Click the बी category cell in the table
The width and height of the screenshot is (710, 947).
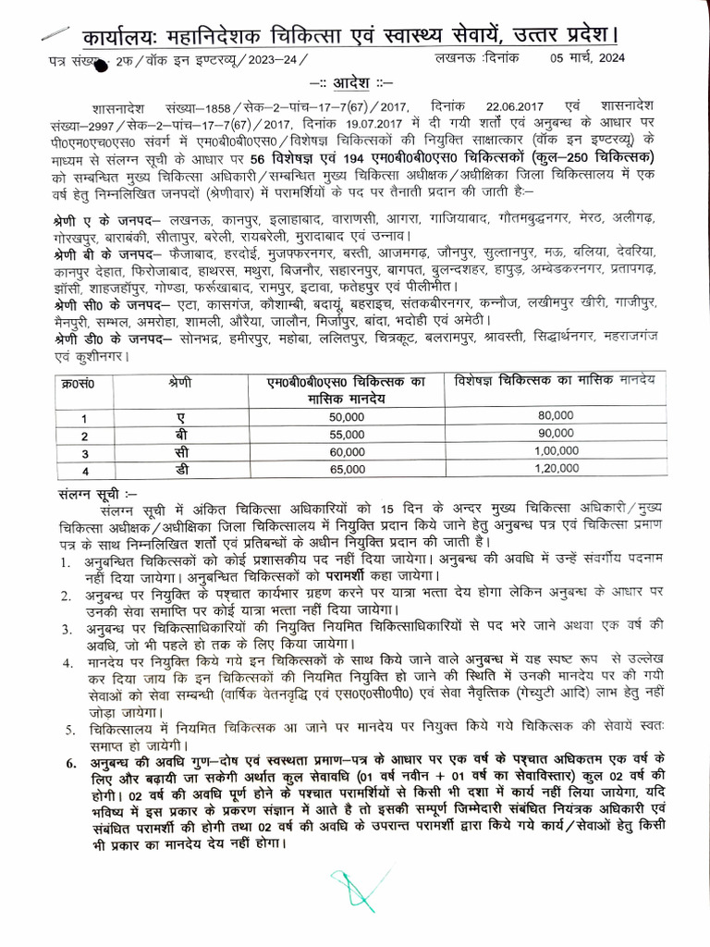(x=180, y=435)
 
